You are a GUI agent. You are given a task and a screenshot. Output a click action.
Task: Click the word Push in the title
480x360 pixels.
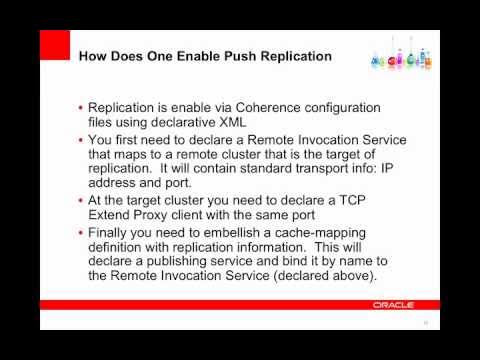(x=237, y=56)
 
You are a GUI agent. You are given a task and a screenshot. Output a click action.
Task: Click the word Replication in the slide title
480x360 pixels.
(x=295, y=56)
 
